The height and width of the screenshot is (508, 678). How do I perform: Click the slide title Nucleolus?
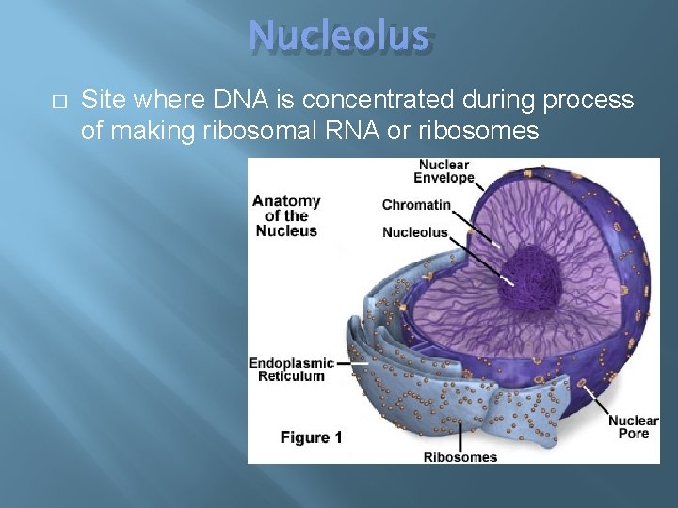(x=339, y=37)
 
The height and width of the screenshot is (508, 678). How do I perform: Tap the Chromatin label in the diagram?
(x=416, y=205)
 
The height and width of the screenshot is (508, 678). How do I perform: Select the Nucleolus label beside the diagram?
(x=414, y=232)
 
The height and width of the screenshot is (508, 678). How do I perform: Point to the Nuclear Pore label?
(x=633, y=426)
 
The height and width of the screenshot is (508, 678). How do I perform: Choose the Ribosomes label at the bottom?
(x=460, y=457)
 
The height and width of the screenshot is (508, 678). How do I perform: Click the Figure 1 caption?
(x=312, y=437)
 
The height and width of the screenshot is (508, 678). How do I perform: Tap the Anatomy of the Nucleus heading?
(x=286, y=215)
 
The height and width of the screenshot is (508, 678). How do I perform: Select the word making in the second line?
(x=155, y=130)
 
